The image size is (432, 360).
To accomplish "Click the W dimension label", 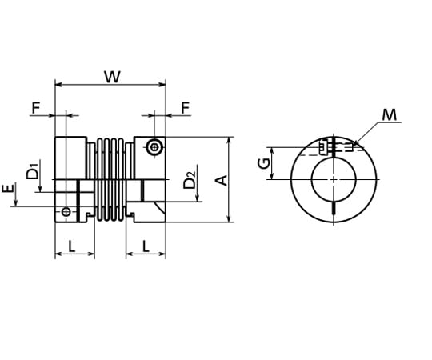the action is point(113,77).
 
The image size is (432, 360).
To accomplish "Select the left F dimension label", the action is point(36,108).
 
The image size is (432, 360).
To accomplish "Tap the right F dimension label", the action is point(186,108).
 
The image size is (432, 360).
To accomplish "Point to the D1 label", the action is point(33,171).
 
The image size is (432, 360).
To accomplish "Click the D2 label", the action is point(190,180).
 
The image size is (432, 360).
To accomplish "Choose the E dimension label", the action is point(8,189).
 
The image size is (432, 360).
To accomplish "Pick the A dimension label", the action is point(222,180).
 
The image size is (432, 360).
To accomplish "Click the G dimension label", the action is point(264,163).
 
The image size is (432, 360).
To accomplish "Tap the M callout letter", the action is point(390,115).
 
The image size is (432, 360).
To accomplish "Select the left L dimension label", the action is point(72,246).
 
